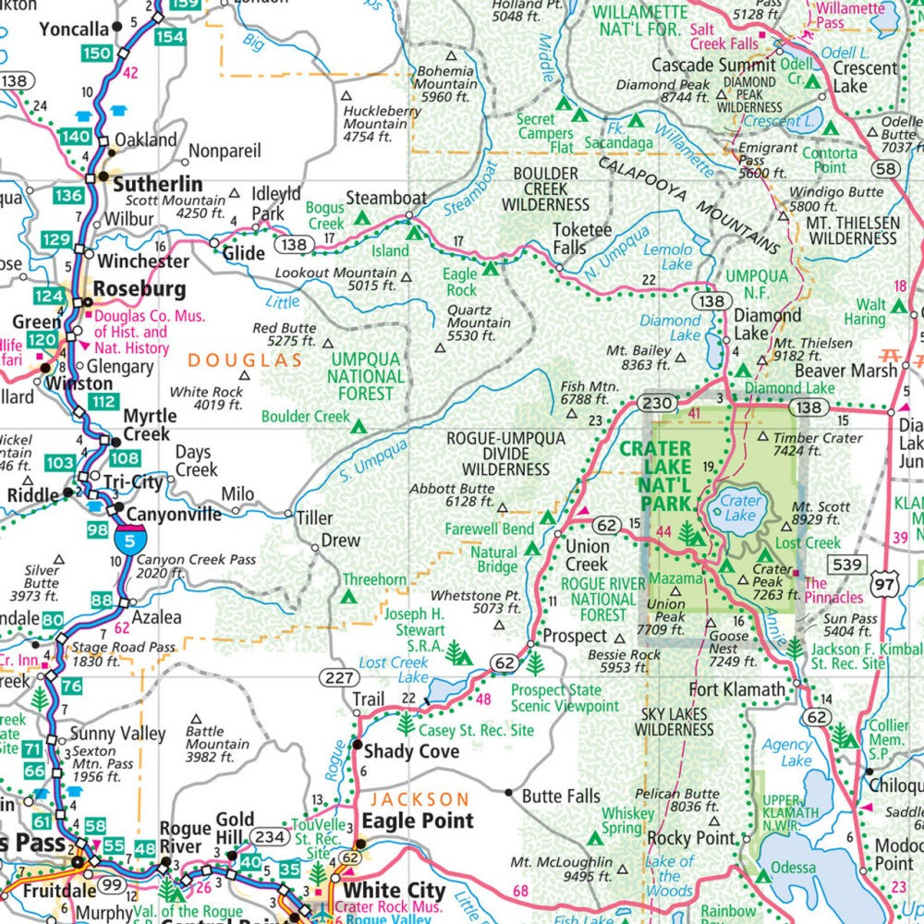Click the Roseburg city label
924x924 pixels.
tap(140, 289)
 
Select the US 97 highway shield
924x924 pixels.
tap(887, 585)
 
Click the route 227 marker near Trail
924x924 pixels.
tap(339, 678)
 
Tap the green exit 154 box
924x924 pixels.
tap(169, 36)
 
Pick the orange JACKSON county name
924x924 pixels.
tap(419, 798)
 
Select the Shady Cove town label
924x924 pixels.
tap(411, 751)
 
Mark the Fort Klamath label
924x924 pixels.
tap(737, 689)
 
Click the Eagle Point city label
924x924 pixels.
tap(417, 821)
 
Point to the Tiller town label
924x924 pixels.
tap(314, 518)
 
